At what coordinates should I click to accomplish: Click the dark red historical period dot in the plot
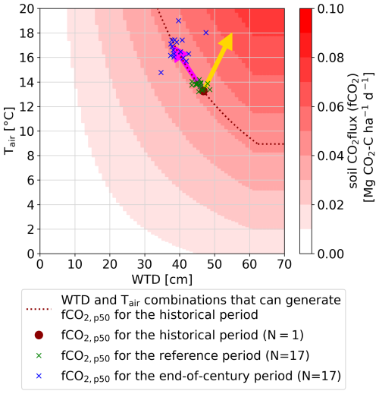[x=202, y=90]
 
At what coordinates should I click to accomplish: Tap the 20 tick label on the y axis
[x=25, y=8]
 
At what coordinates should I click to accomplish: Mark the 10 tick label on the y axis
[x=25, y=131]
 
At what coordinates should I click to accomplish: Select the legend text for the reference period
[x=194, y=354]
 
